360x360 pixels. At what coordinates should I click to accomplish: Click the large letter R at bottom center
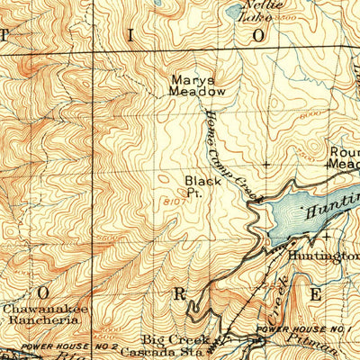click(x=181, y=293)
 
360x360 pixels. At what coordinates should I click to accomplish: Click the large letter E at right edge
click(x=316, y=294)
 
